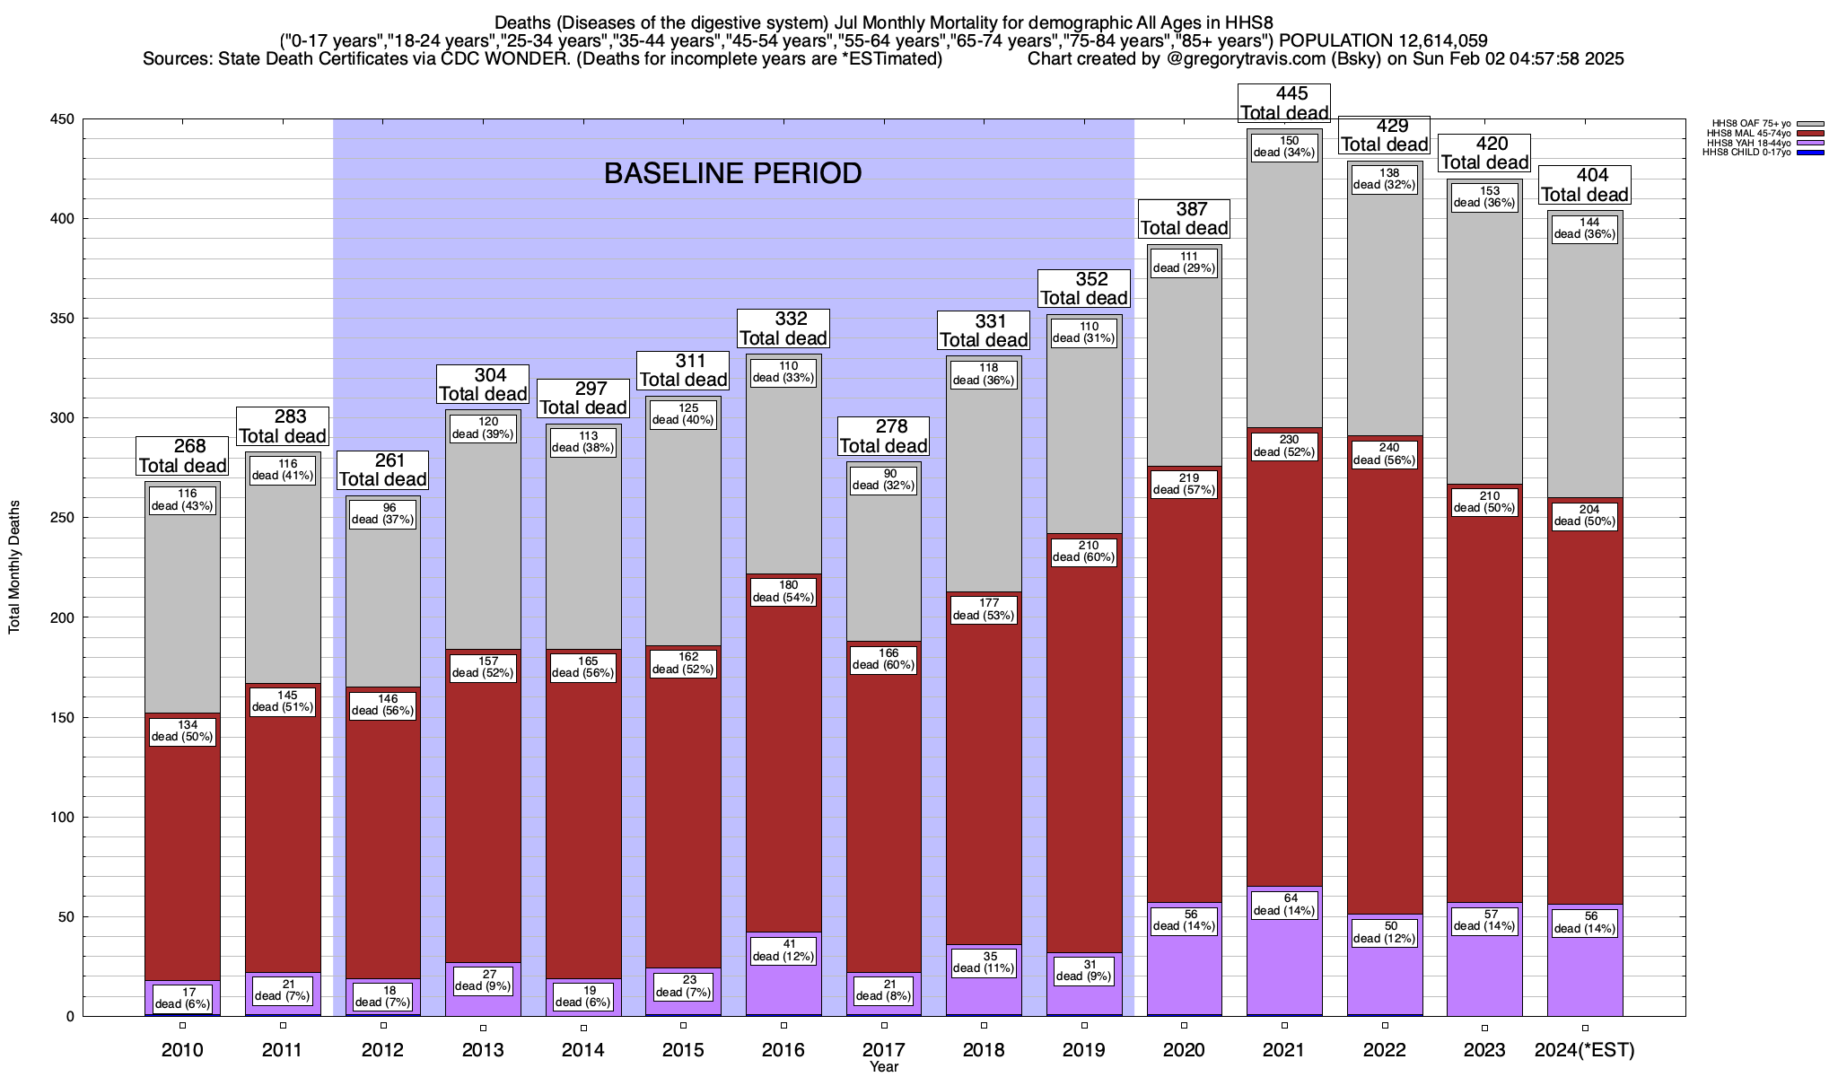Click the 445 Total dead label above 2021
tap(1284, 103)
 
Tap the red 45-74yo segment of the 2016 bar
tap(783, 763)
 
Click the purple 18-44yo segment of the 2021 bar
tap(1284, 969)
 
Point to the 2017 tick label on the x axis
tap(884, 1050)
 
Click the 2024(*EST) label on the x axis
tap(1585, 1050)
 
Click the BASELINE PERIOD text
tap(732, 173)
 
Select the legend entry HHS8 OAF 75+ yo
tap(1751, 123)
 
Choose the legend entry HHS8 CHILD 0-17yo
tap(1746, 153)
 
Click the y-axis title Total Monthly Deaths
tap(15, 567)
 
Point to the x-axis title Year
tap(884, 1067)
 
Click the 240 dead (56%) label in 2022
tap(1385, 454)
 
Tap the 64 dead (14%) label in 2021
tap(1284, 904)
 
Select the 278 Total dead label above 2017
tap(884, 436)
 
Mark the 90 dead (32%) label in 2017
tap(884, 479)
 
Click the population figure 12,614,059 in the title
tap(1431, 40)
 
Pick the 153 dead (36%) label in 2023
tap(1484, 197)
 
